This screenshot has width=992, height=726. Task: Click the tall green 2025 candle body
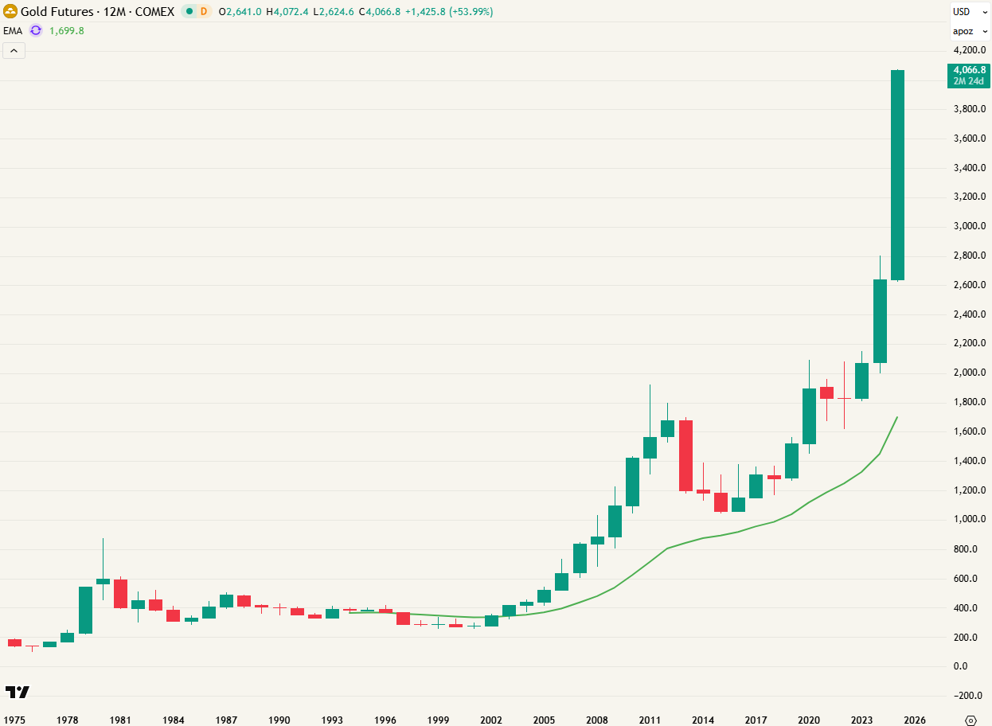[897, 175]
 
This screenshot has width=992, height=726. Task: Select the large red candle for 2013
[685, 455]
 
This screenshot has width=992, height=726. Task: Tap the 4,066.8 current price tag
[969, 75]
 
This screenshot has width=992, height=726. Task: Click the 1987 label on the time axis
[226, 720]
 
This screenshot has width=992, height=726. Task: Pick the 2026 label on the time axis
[915, 720]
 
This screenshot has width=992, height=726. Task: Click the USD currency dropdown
[970, 12]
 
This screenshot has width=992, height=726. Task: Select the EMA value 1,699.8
[66, 30]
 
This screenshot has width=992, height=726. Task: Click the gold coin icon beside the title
[10, 12]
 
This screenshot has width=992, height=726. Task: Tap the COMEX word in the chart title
[155, 12]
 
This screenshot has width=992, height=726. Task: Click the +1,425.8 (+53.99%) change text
[449, 12]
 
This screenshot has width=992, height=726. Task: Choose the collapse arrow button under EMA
[14, 51]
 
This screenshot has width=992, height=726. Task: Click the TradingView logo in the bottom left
[17, 692]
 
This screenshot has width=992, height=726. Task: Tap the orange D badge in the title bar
[203, 12]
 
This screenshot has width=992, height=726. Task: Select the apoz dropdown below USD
[970, 32]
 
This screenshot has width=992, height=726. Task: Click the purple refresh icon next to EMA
[36, 30]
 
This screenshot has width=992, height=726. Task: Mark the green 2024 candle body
[880, 321]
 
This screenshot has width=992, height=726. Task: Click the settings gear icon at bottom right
[970, 720]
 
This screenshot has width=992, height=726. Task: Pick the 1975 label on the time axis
[15, 720]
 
